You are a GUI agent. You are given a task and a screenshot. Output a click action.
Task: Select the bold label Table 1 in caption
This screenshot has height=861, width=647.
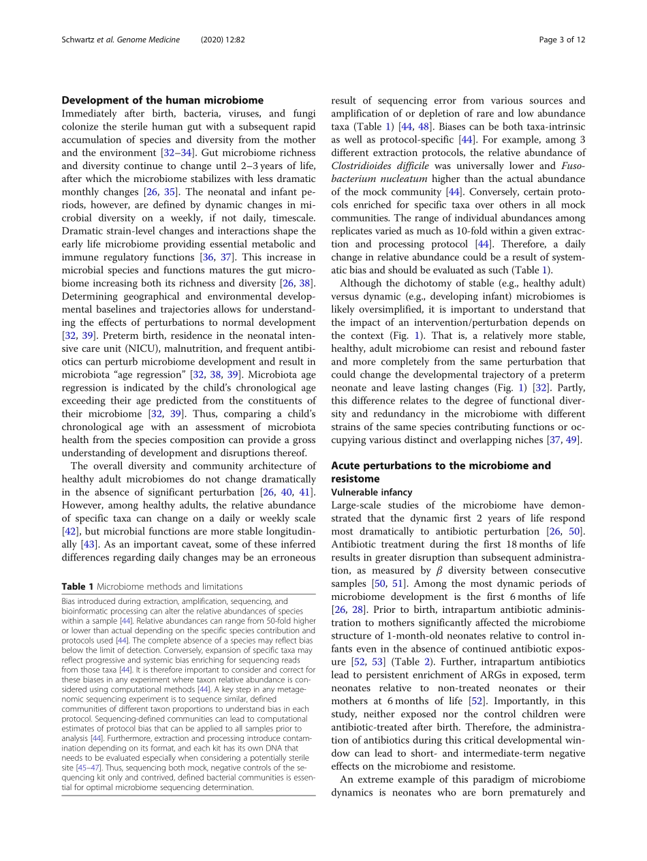tap(78, 586)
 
